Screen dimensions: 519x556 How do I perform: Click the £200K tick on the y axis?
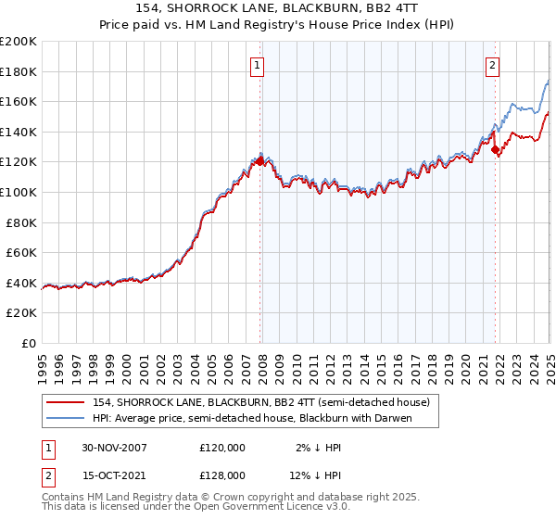pos(19,42)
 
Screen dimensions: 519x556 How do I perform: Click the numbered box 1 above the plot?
pos(256,65)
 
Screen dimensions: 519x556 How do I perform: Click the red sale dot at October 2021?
pos(496,149)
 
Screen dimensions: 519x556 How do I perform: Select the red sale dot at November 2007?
pos(260,161)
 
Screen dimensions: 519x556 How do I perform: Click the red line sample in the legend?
pos(65,403)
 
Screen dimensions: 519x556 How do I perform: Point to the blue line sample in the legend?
pos(65,419)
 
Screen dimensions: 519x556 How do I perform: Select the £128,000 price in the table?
pos(222,474)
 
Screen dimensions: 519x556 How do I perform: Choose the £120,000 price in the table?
pos(222,448)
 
